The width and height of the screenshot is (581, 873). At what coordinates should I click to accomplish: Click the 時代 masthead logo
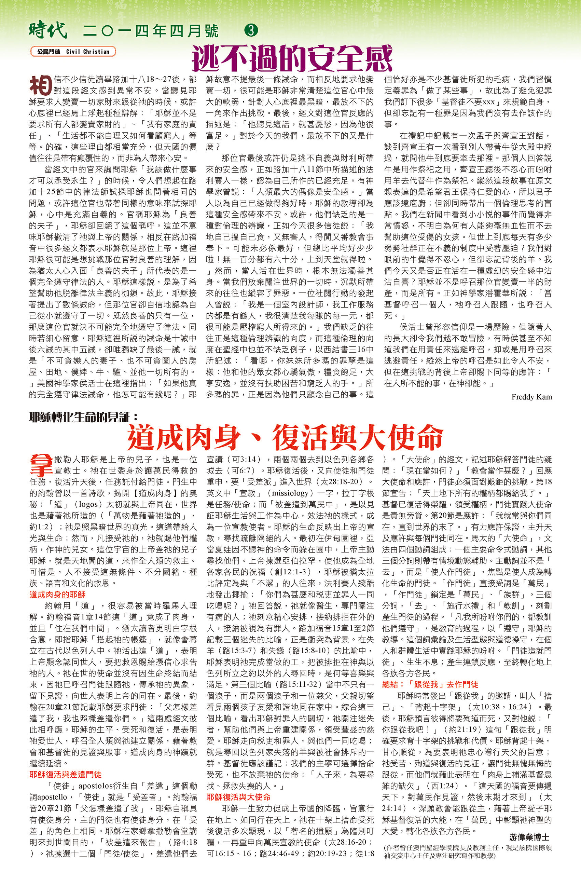(x=48, y=30)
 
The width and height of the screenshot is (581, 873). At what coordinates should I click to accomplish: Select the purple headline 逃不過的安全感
(x=292, y=58)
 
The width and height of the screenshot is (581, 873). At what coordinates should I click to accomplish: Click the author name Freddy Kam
(x=531, y=397)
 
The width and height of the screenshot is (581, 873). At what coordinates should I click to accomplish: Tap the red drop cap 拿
(x=40, y=466)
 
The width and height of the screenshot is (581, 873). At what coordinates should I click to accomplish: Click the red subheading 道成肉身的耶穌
(x=57, y=595)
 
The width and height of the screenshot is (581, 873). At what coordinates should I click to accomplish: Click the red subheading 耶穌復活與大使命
(x=239, y=797)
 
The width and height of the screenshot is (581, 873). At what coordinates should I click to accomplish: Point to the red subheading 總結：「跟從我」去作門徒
(x=430, y=684)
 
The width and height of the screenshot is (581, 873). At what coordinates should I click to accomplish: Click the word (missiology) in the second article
(x=290, y=493)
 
